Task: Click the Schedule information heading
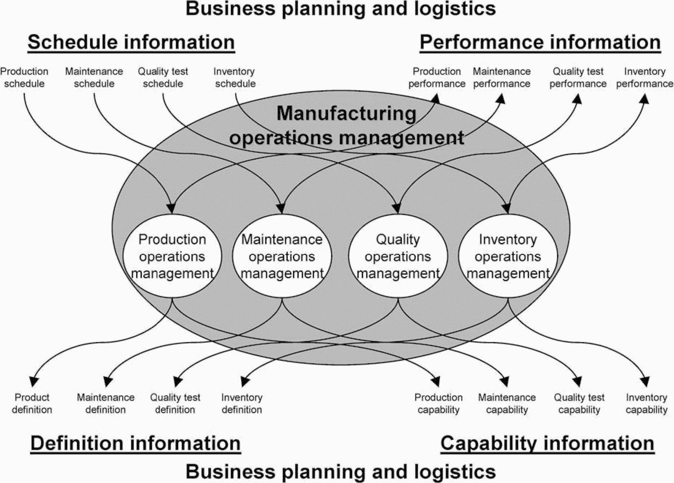(131, 42)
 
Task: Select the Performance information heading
(540, 42)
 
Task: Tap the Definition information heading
(135, 443)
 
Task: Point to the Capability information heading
(547, 443)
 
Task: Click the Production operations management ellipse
(172, 256)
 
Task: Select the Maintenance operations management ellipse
(282, 256)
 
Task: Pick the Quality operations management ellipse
(398, 256)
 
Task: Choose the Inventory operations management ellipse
(508, 256)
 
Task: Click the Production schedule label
(24, 77)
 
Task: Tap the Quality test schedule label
(163, 77)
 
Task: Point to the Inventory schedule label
(235, 77)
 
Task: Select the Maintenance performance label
(502, 77)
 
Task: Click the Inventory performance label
(644, 77)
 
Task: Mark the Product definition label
(32, 403)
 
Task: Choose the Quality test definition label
(175, 403)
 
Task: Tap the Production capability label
(438, 403)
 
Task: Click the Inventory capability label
(646, 403)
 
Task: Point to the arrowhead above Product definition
(34, 381)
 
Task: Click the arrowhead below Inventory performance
(644, 99)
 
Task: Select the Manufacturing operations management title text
(346, 125)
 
